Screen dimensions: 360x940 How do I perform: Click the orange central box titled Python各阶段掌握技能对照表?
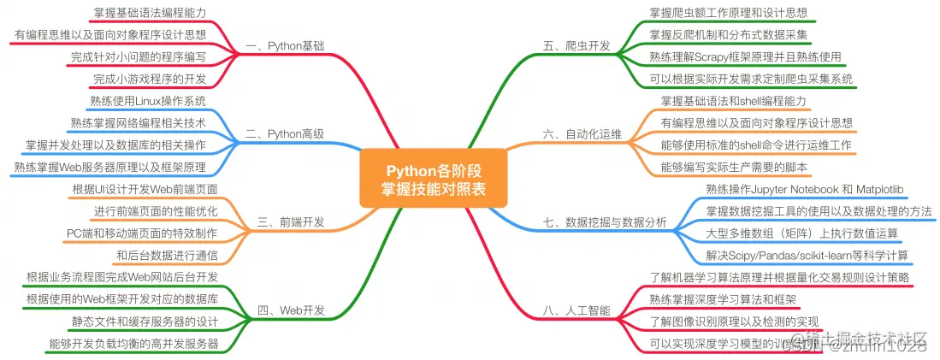[x=433, y=179]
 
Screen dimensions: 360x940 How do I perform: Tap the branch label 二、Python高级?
[x=284, y=133]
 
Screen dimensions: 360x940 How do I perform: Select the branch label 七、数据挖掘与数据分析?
[x=605, y=222]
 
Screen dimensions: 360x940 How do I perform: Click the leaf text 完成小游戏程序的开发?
[x=150, y=80]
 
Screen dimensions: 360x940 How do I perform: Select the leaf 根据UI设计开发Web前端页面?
[x=145, y=189]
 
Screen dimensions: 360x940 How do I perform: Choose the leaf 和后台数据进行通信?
[x=167, y=255]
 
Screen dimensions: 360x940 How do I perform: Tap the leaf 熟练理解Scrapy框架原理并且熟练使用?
[x=745, y=56]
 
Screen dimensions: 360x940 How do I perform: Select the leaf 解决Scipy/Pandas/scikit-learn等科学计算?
[x=807, y=255]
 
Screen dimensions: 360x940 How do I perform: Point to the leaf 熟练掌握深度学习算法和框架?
[x=722, y=299]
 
